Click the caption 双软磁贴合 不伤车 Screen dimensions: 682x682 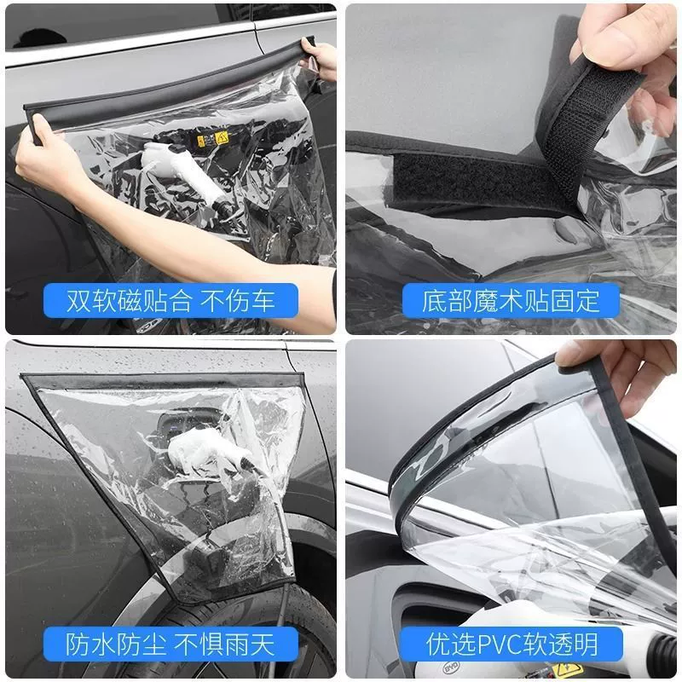[x=170, y=301]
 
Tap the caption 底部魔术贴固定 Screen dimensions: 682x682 [x=511, y=301]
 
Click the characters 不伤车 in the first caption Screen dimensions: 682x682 [x=237, y=301]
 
